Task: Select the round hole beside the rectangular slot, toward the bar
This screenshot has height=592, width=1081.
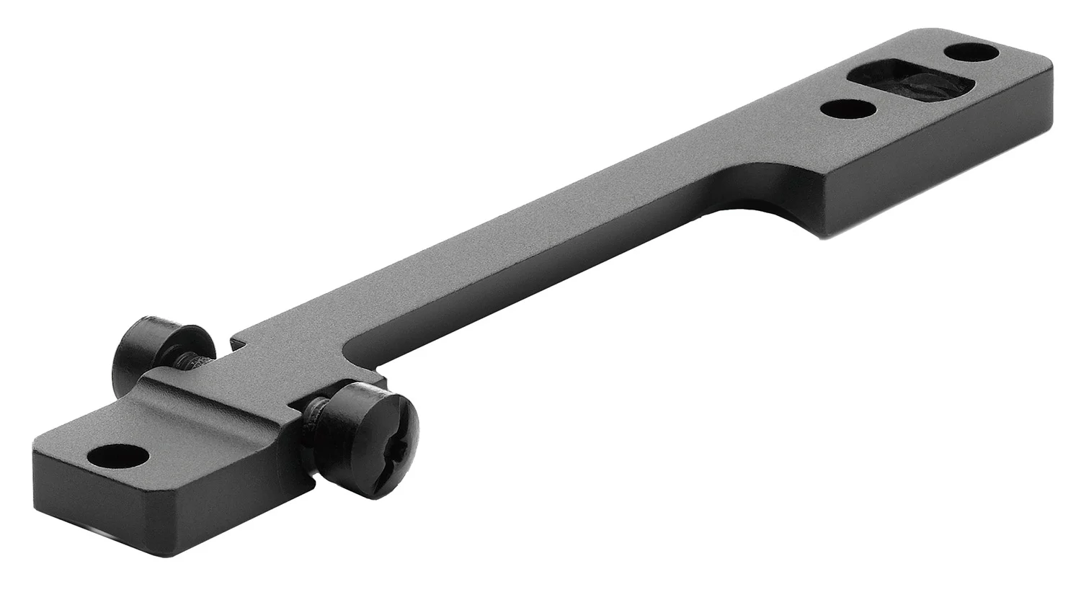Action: tap(848, 109)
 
